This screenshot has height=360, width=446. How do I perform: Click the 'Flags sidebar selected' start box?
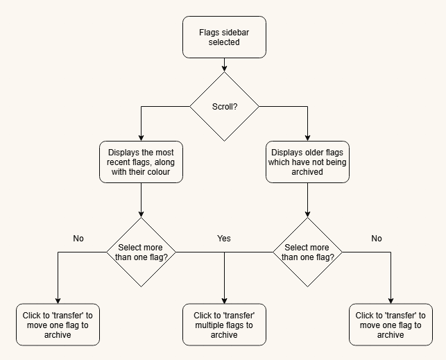[x=224, y=37]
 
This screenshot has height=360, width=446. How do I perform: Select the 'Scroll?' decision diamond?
[x=225, y=107]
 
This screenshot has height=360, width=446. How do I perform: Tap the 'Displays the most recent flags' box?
[x=141, y=162]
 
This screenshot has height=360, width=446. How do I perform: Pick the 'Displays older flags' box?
[x=307, y=162]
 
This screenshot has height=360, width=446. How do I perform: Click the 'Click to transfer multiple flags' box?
[x=224, y=325]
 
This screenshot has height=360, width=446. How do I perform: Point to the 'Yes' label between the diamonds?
[x=224, y=239]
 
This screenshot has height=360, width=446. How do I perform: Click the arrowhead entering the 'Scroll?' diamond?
[x=225, y=69]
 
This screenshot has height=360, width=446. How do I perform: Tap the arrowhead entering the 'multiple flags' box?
[x=225, y=300]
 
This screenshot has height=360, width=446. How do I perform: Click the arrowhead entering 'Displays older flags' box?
[x=307, y=137]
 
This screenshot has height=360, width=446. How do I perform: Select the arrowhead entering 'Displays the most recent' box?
[x=141, y=137]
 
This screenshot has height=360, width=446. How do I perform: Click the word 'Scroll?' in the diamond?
[x=225, y=107]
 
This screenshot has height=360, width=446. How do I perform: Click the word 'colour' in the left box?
[x=157, y=172]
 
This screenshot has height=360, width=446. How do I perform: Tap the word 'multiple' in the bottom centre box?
[x=209, y=325]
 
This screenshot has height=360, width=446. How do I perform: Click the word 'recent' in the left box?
[x=119, y=162]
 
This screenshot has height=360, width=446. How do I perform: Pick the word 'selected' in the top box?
[x=224, y=42]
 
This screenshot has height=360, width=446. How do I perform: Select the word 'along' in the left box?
[x=164, y=162]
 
